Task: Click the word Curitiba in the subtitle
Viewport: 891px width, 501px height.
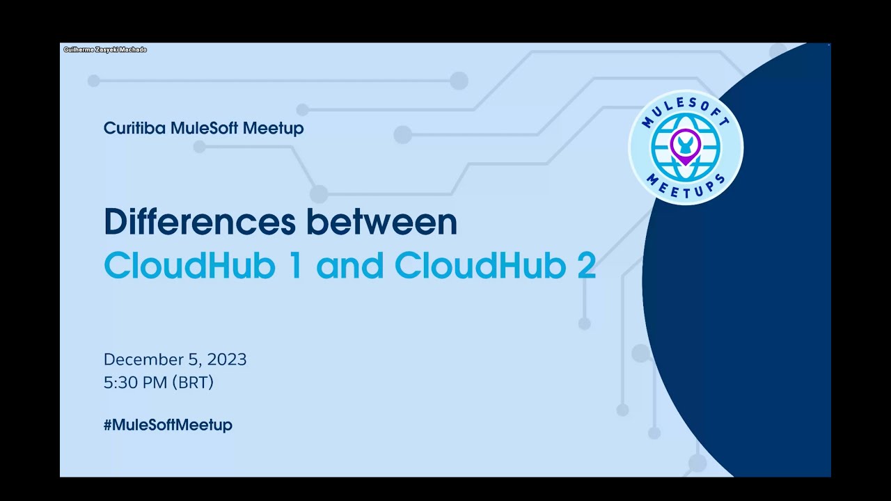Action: pos(134,128)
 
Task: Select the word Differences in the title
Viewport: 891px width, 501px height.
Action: pos(200,221)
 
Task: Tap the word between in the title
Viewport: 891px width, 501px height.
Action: pos(382,221)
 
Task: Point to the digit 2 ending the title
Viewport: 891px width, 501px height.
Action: pos(585,265)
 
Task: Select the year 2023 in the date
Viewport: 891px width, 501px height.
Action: pos(227,360)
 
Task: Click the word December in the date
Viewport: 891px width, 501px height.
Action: pos(143,360)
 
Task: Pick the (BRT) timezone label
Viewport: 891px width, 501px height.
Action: pos(193,383)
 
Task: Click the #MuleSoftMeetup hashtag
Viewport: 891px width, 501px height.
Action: pos(168,425)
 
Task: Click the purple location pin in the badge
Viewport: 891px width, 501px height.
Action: pos(686,146)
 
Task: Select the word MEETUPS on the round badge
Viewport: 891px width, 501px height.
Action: pos(686,186)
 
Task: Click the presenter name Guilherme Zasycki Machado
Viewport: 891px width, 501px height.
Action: pos(105,49)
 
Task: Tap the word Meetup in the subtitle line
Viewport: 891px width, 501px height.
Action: pos(274,129)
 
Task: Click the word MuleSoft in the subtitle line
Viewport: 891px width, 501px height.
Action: pos(204,128)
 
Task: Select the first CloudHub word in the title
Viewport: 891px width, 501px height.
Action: pos(190,265)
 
